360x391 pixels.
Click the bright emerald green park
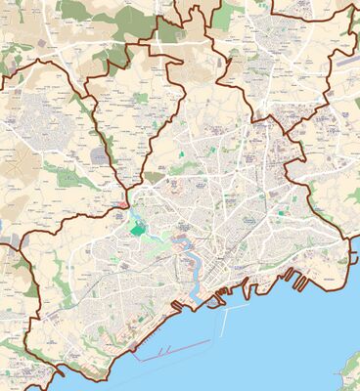(x=136, y=230)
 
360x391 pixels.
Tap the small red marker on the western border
(x=119, y=204)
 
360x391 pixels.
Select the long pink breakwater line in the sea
(x=174, y=350)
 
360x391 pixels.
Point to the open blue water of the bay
(x=284, y=342)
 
